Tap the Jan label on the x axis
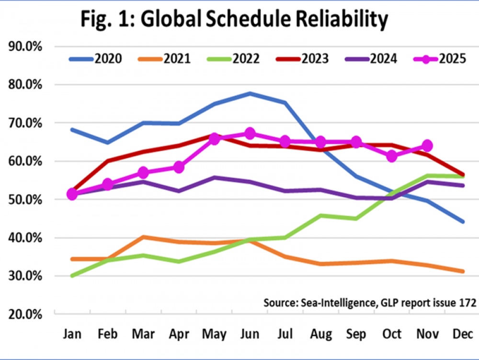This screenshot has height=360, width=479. [72, 334]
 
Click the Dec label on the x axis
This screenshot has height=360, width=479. [463, 334]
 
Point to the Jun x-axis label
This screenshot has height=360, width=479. [250, 334]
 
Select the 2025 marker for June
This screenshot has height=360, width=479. [250, 133]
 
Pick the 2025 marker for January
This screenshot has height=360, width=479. [72, 194]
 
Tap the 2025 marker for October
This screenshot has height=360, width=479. [392, 156]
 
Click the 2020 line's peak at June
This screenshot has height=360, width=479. [250, 93]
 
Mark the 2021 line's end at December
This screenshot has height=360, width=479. [463, 271]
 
